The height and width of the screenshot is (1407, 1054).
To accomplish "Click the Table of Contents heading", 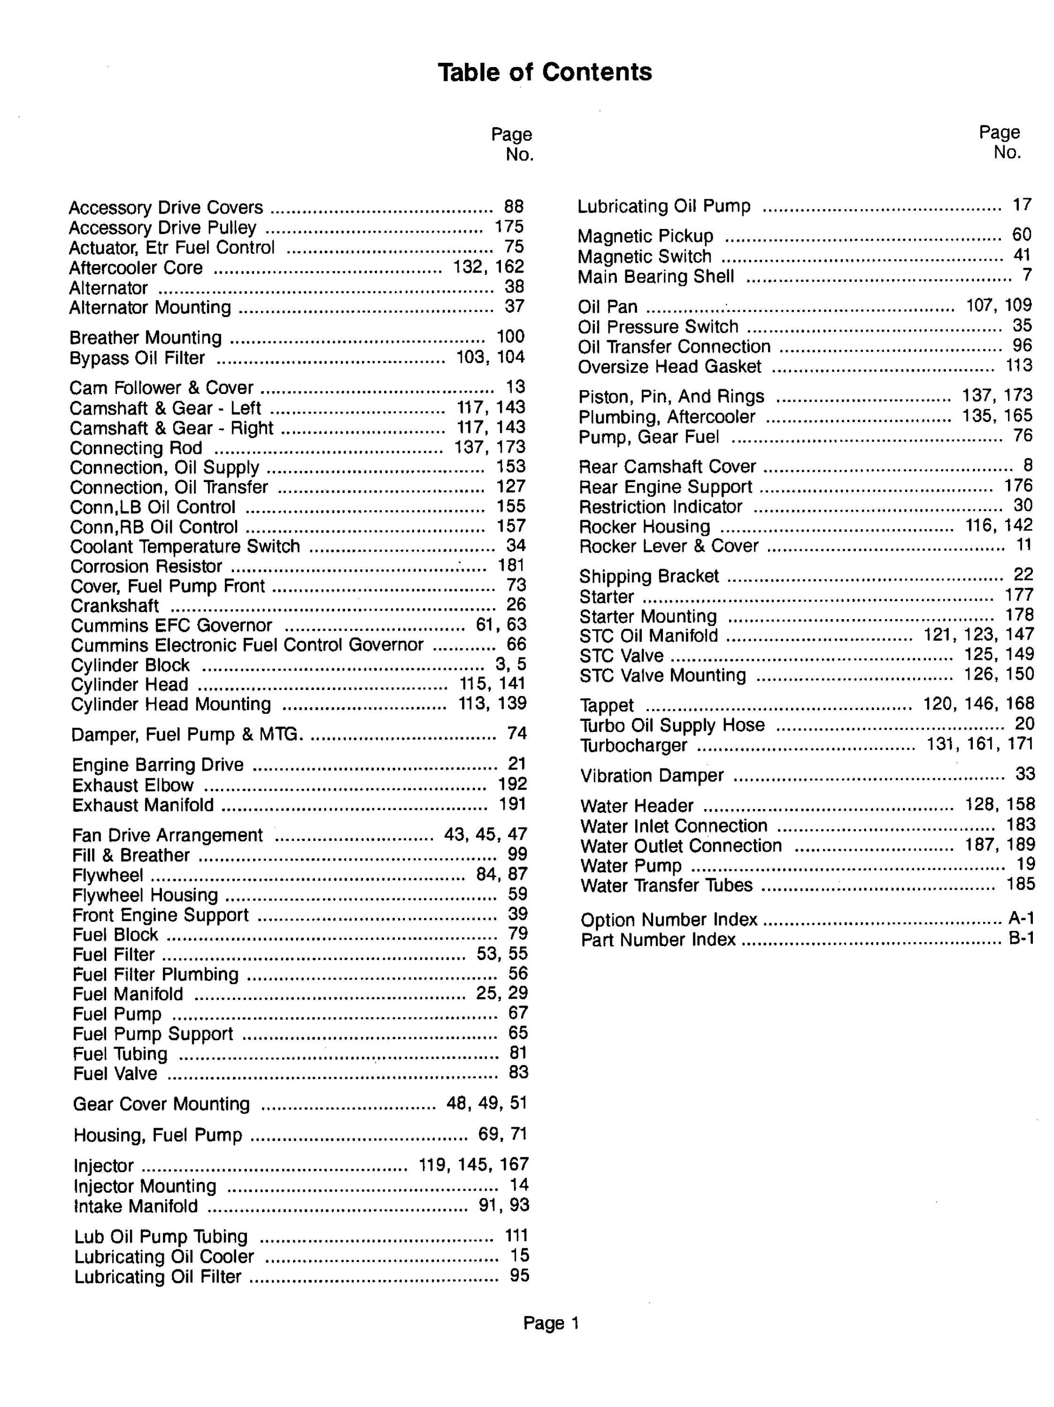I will (544, 72).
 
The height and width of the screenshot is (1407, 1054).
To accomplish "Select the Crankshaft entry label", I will (115, 606).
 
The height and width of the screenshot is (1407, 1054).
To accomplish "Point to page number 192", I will (512, 784).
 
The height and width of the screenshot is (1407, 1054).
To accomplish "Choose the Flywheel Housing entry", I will (145, 895).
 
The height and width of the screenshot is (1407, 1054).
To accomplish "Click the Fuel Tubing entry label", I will (120, 1054).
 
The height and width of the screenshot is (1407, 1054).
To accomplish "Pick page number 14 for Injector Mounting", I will (519, 1185).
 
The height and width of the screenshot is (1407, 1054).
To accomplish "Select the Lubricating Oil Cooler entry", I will (164, 1257).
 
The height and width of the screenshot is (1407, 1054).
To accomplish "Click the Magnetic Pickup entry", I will (646, 236).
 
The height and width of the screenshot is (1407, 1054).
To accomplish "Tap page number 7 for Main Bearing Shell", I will (1026, 275).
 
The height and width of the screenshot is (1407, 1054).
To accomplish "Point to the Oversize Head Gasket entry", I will (669, 366).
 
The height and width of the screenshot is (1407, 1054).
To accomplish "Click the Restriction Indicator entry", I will (661, 507).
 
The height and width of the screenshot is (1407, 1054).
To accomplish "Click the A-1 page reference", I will (1021, 918).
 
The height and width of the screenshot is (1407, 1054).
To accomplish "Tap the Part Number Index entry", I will (658, 939).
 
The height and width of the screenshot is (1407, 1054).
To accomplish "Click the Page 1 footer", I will (550, 1323).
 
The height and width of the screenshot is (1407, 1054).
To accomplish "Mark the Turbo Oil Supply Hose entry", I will (672, 725).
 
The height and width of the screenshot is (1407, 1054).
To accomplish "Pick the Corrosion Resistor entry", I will (146, 566).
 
